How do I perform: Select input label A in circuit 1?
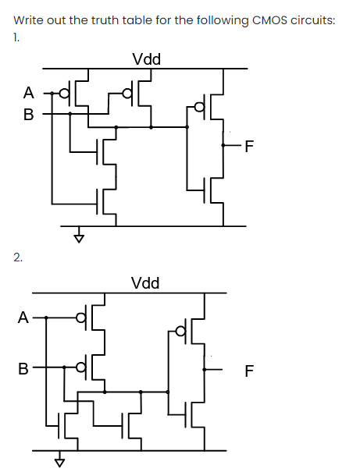[x=28, y=93]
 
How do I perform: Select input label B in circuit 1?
[x=28, y=115]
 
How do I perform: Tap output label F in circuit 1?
[x=249, y=145]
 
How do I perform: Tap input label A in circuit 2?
[x=24, y=318]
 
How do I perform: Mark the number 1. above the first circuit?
[x=16, y=37]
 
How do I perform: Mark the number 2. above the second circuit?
[x=17, y=256]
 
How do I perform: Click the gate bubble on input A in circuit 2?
[x=80, y=318]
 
